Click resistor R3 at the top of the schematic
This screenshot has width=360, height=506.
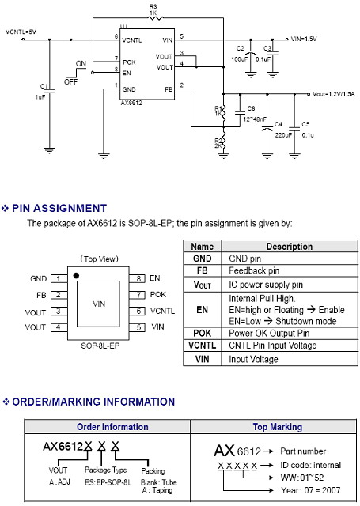155,18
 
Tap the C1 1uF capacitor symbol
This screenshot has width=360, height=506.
49,91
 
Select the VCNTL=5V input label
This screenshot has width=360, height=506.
21,32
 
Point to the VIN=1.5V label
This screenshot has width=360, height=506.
304,39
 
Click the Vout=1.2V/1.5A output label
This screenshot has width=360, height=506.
334,94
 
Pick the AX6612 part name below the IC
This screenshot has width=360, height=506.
131,103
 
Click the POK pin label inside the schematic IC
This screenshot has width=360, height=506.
129,62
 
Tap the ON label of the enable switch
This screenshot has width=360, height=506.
81,63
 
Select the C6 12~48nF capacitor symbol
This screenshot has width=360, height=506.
240,113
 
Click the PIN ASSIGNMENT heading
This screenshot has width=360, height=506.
59,208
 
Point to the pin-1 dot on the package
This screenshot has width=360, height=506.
76,276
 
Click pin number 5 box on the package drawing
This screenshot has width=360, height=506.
138,327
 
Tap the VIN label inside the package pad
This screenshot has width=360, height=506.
99,304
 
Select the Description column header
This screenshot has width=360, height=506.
290,247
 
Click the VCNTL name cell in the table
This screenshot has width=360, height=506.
202,346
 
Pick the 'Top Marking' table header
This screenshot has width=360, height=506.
278,427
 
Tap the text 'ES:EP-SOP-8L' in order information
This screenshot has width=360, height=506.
108,482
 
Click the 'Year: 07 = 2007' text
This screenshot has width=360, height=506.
311,490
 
